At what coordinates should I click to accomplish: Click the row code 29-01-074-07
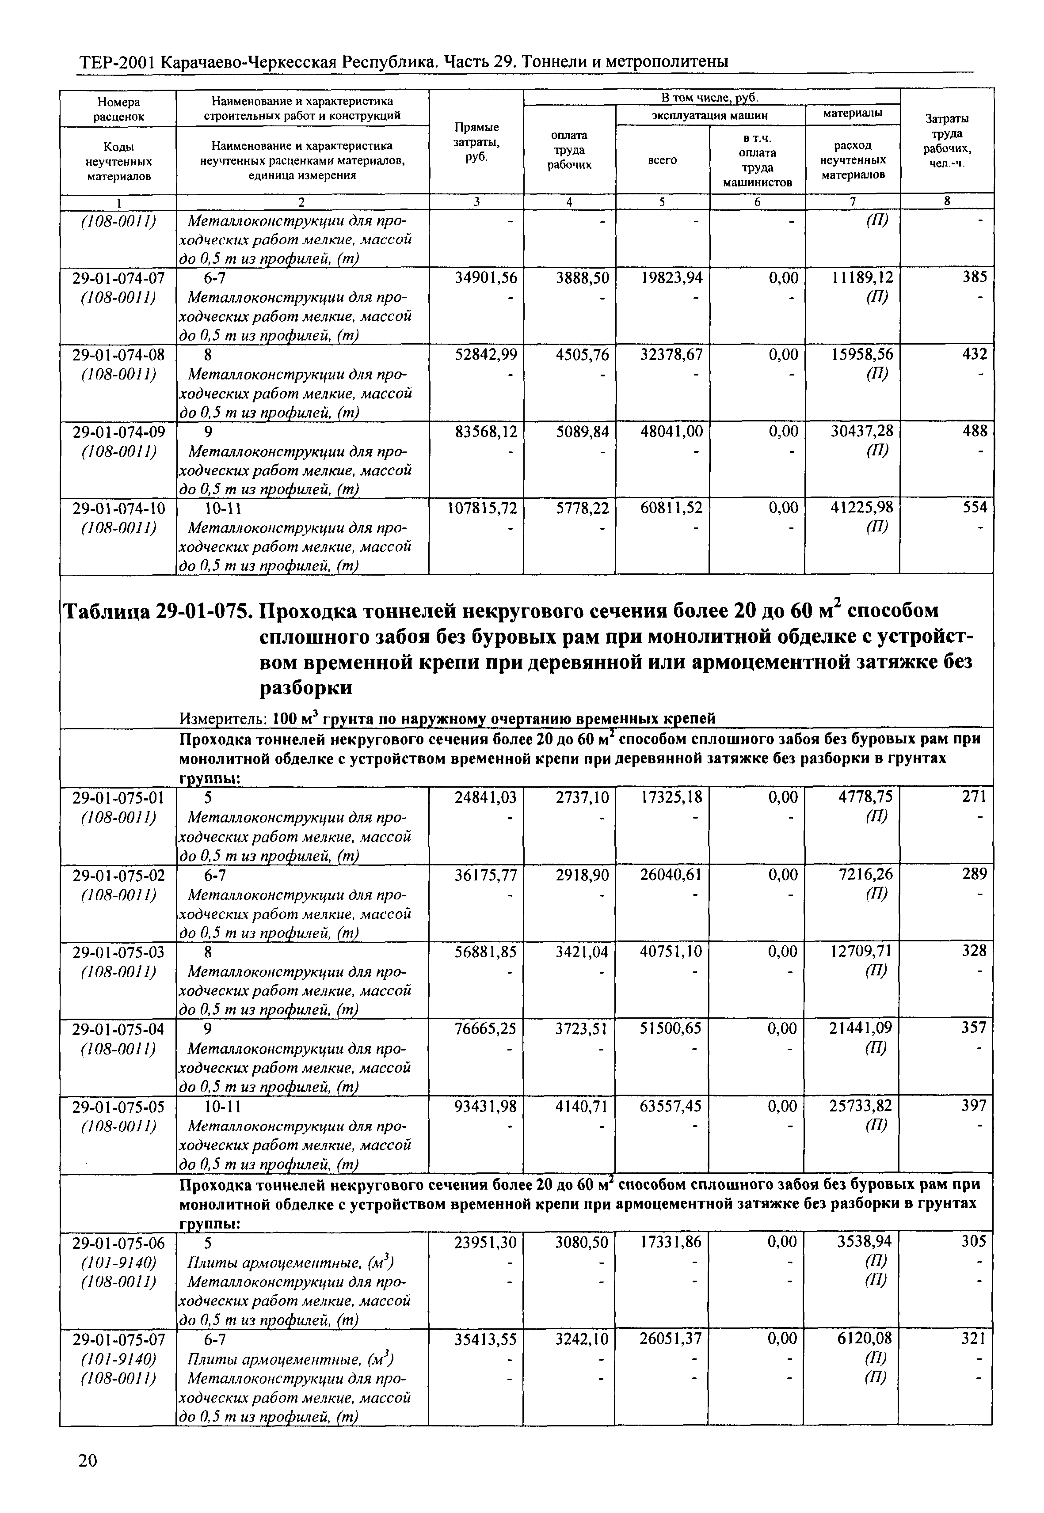click(118, 278)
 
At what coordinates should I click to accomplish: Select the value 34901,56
click(485, 278)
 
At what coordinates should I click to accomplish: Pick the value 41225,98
click(862, 508)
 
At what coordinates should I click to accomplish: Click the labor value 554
click(974, 508)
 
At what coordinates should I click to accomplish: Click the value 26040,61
click(671, 874)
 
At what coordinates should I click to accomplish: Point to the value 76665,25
click(485, 1028)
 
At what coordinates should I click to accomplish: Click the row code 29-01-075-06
click(118, 1242)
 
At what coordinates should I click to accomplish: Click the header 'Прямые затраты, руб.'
click(476, 143)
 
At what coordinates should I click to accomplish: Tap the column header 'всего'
click(662, 159)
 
